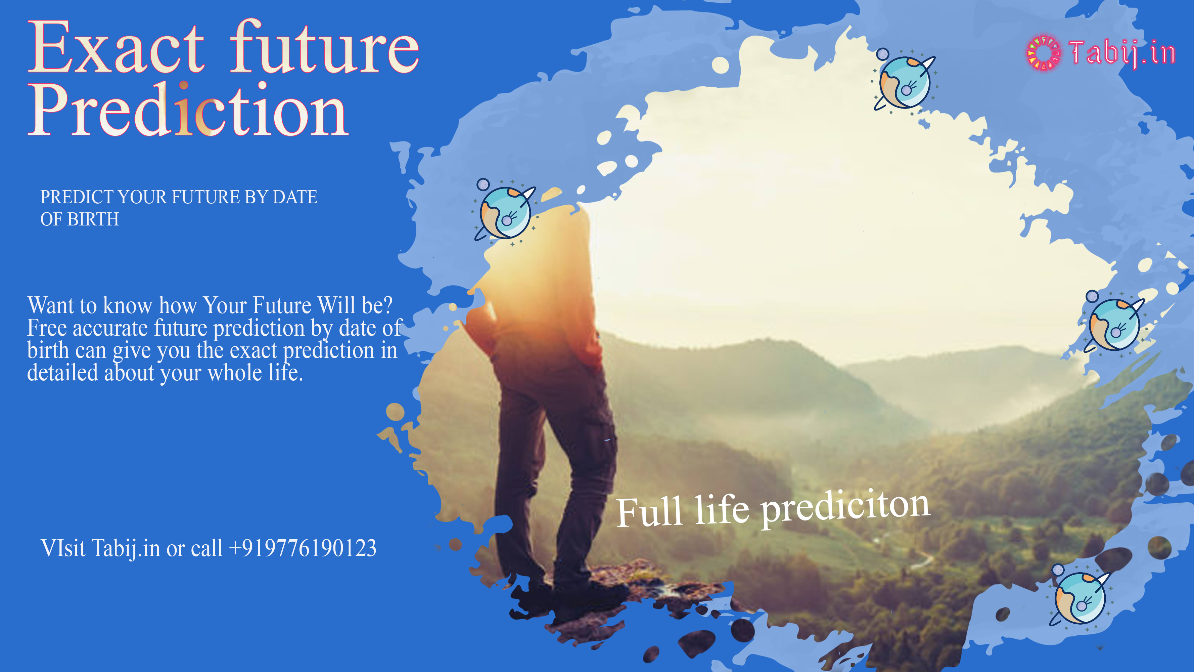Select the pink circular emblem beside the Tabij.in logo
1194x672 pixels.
tap(1043, 53)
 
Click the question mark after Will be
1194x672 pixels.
tap(387, 306)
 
